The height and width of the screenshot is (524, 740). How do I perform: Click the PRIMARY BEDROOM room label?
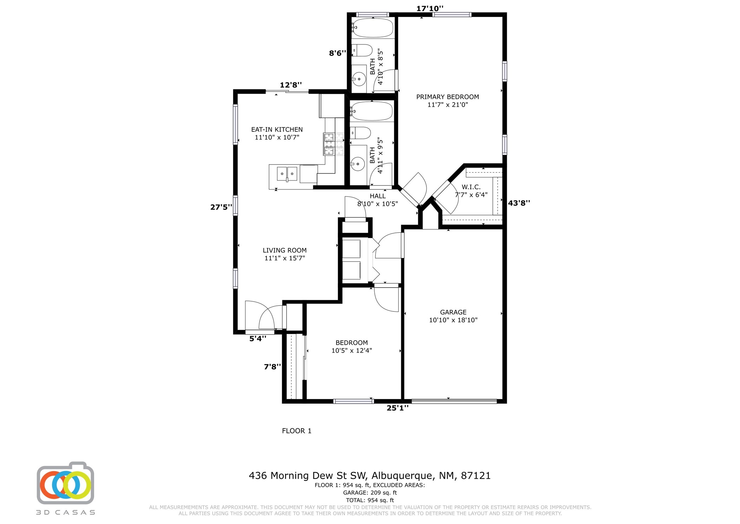tap(447, 97)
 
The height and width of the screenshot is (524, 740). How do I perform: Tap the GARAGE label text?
tap(453, 312)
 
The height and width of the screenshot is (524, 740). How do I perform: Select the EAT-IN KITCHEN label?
tap(277, 129)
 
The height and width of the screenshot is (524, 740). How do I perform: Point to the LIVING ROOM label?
tap(284, 250)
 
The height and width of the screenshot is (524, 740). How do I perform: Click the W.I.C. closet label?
tap(471, 187)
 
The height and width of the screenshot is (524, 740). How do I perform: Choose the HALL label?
tap(378, 196)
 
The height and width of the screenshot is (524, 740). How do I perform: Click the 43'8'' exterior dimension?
tap(519, 203)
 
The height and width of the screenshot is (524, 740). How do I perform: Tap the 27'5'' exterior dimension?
tap(221, 207)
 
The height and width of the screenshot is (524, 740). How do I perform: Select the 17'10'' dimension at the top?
tap(430, 8)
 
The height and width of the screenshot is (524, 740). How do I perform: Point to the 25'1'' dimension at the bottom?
tap(398, 408)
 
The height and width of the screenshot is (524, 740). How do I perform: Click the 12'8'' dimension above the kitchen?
tap(291, 85)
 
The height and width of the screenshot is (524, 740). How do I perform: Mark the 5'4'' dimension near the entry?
tap(258, 338)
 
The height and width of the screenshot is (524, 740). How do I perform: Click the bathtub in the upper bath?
tap(372, 28)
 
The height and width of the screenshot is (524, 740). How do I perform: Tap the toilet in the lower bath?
tap(360, 133)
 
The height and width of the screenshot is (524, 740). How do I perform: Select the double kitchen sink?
tap(287, 174)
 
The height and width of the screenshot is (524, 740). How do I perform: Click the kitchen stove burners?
tap(333, 144)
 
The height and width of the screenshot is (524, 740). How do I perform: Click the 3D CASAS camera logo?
tap(65, 483)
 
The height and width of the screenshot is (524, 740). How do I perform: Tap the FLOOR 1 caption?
tap(297, 431)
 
